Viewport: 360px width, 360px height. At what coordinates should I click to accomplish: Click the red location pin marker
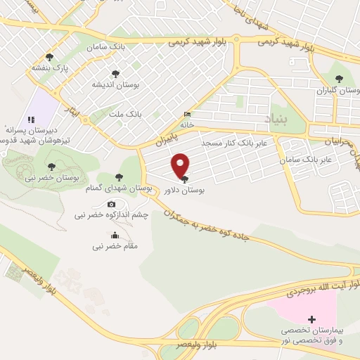click(181, 165)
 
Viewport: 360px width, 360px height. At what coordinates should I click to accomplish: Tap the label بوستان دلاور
click(184, 191)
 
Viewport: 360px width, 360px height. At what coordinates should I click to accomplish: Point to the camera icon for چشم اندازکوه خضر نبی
click(110, 204)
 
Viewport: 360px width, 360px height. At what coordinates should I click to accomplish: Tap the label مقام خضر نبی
click(115, 246)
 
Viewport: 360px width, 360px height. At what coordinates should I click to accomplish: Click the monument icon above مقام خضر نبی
click(115, 236)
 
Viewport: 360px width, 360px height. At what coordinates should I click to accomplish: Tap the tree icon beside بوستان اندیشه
click(115, 72)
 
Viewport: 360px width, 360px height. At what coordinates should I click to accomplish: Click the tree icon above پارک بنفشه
click(49, 57)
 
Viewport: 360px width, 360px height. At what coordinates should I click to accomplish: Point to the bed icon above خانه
click(186, 114)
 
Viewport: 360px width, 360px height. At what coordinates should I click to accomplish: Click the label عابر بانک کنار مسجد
click(233, 143)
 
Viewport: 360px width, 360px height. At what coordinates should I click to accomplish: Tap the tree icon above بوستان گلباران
click(339, 78)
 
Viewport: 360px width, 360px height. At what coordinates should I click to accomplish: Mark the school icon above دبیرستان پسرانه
click(31, 120)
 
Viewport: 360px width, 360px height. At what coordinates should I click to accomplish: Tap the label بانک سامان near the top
click(106, 46)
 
